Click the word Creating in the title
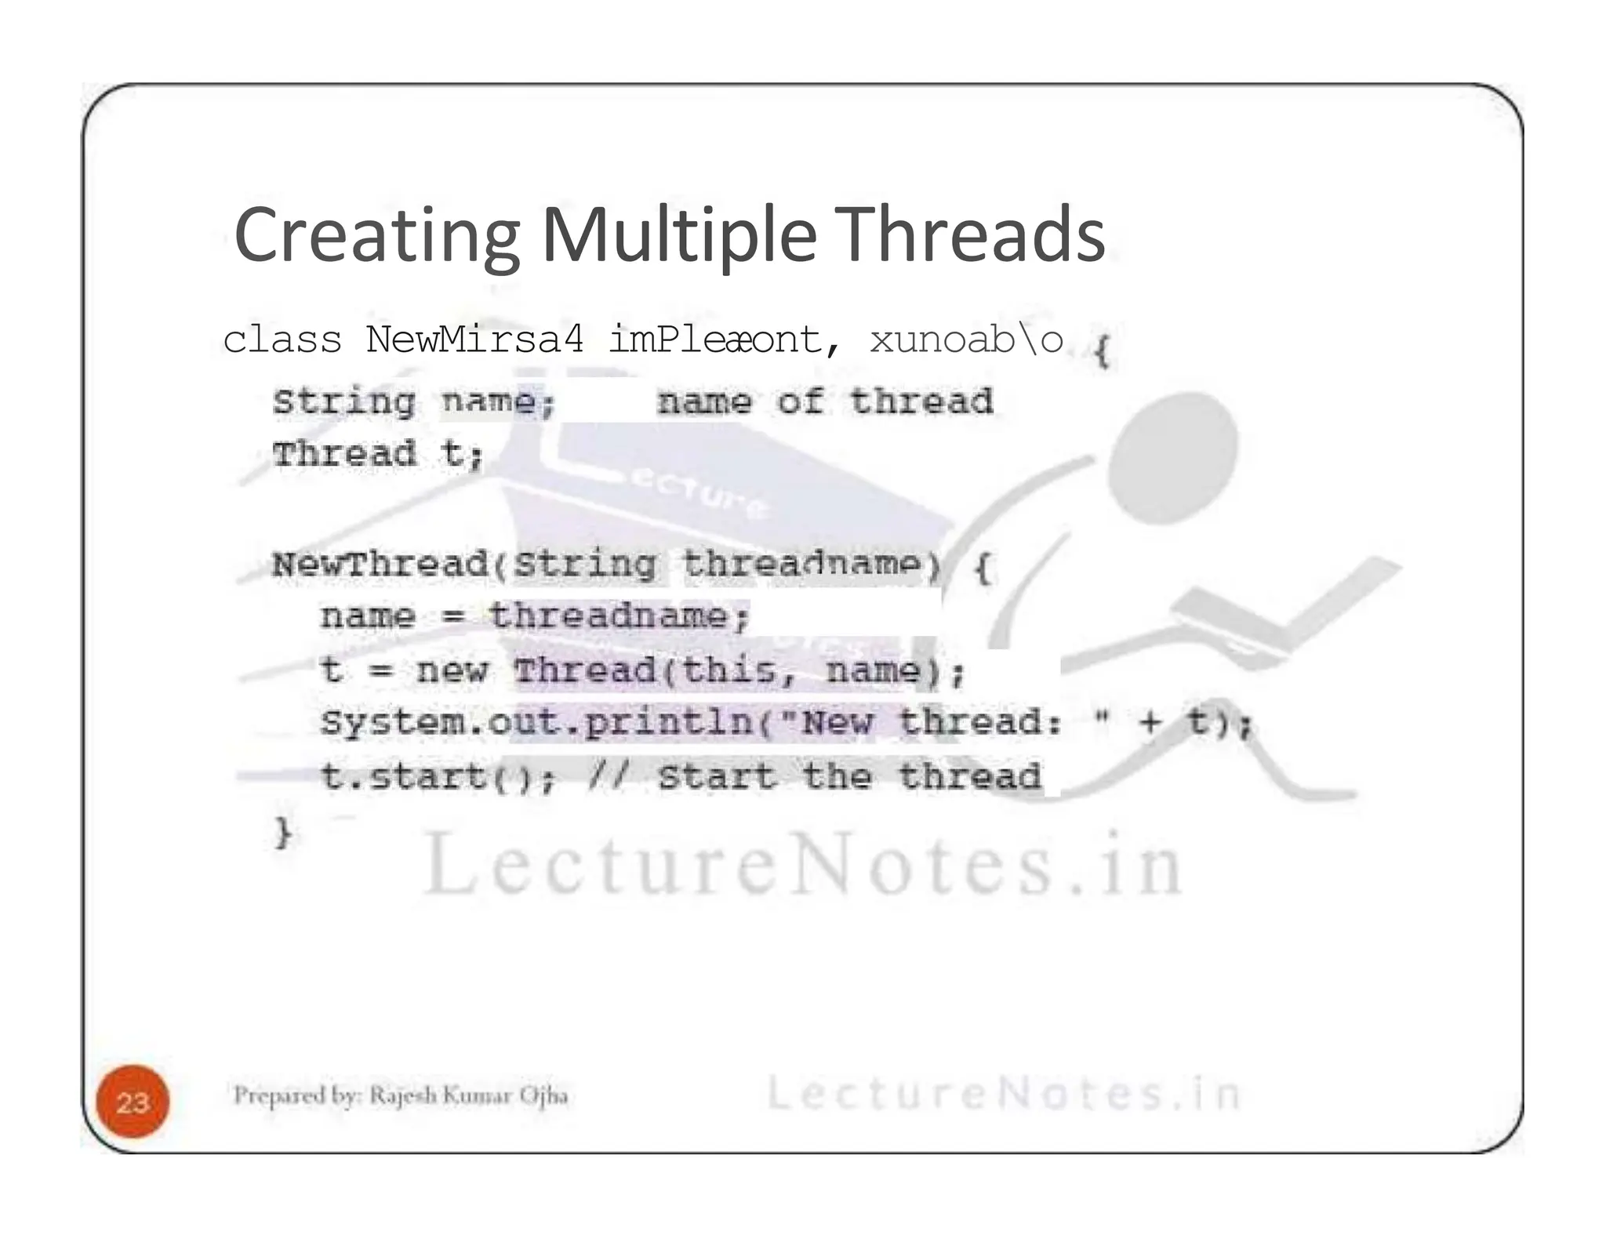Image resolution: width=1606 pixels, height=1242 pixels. click(x=376, y=235)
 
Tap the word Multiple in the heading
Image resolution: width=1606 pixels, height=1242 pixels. click(x=679, y=235)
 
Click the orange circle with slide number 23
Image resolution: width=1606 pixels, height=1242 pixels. click(x=133, y=1102)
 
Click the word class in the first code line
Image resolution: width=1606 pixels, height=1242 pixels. click(x=282, y=340)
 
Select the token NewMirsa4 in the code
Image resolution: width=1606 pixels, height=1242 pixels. click(x=474, y=340)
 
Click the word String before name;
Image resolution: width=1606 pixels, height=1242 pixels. click(x=343, y=402)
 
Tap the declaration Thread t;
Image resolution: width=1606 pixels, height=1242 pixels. click(x=377, y=454)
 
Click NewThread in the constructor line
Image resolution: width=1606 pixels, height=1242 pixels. click(x=380, y=565)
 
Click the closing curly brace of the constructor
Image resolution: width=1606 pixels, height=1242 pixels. click(x=283, y=831)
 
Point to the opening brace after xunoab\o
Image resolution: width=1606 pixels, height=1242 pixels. click(x=1101, y=350)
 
